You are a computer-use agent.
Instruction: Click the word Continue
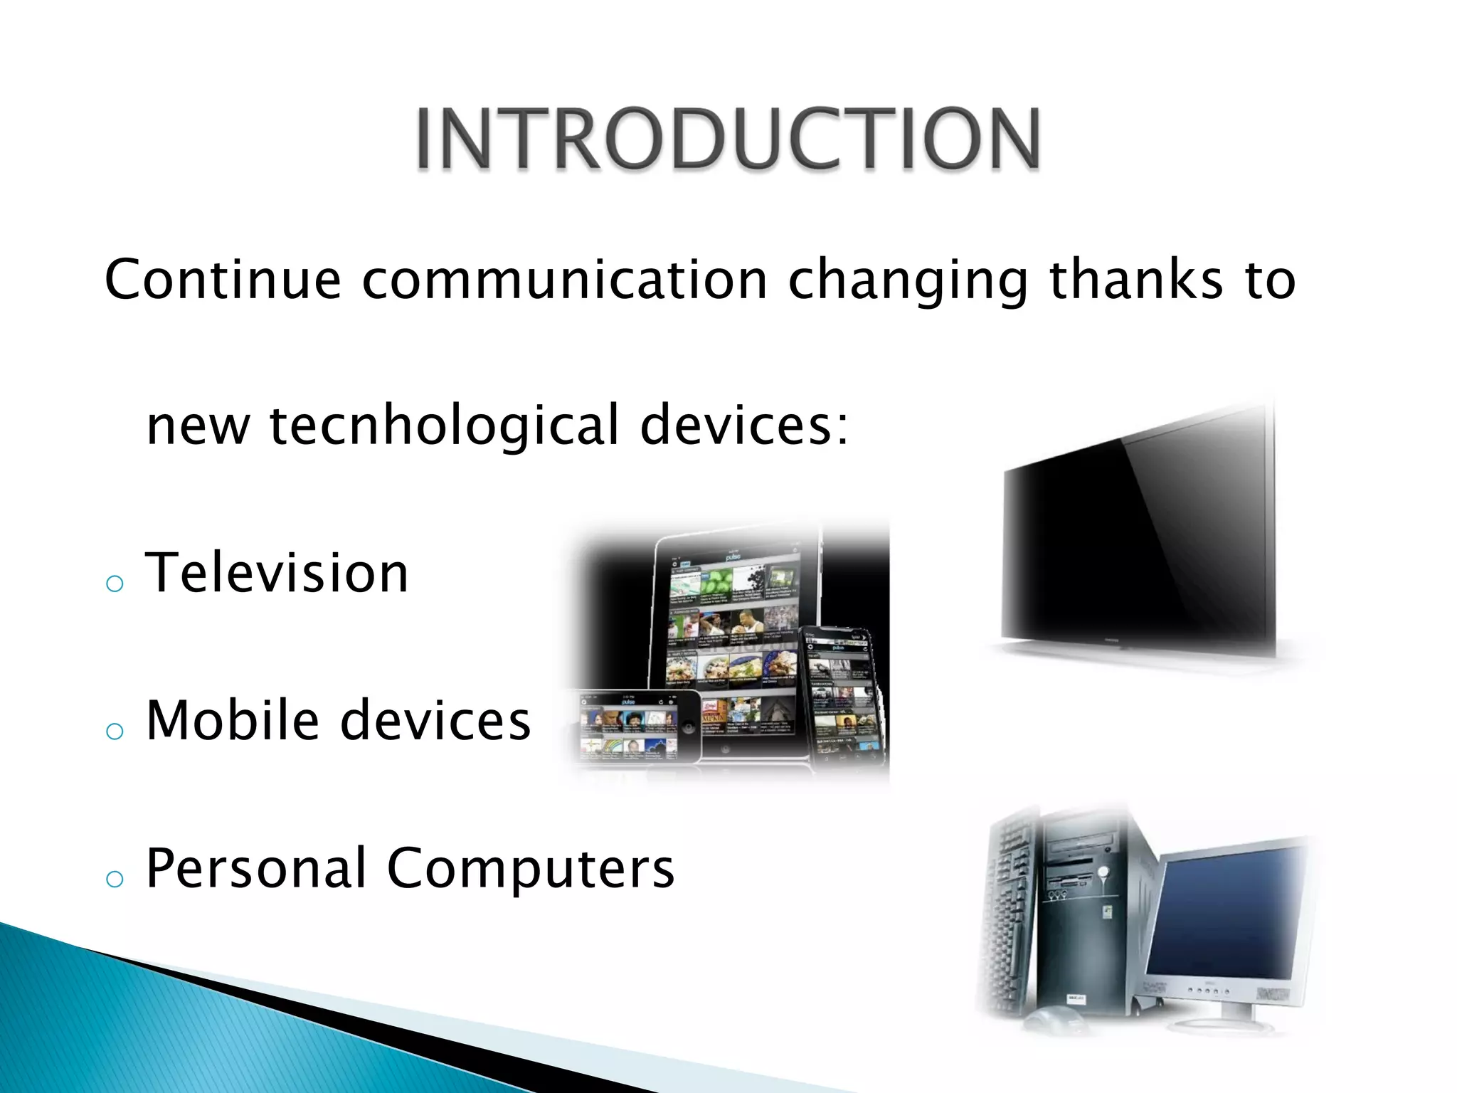tap(223, 280)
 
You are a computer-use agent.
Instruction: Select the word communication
tap(564, 280)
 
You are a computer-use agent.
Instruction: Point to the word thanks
tap(1136, 280)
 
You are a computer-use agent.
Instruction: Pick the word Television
tap(277, 573)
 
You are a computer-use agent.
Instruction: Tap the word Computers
tap(531, 870)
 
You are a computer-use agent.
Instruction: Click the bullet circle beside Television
tap(115, 584)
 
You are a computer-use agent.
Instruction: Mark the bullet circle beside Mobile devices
tap(115, 731)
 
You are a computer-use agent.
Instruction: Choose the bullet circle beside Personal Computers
tap(115, 879)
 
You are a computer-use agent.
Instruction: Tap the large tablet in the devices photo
tap(733, 626)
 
